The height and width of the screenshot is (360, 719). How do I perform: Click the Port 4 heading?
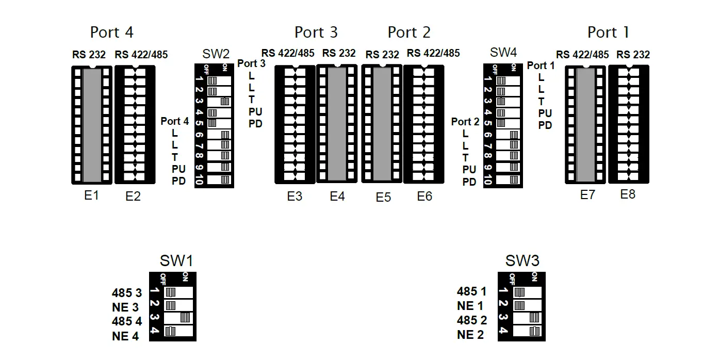pos(111,32)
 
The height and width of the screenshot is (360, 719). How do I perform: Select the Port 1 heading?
pos(608,32)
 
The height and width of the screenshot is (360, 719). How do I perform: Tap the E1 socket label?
pos(91,195)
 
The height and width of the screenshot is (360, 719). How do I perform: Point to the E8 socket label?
pos(628,194)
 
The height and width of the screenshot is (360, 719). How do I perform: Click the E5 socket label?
pos(383,197)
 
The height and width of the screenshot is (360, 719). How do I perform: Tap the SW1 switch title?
pos(177,261)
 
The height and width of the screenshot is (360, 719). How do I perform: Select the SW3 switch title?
pos(522,261)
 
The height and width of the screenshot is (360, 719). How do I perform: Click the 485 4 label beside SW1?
pos(126,321)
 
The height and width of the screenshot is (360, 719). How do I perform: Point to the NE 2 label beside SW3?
pos(470,335)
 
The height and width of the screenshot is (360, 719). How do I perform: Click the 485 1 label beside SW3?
pos(471,292)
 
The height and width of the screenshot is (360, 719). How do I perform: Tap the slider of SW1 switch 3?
pos(185,317)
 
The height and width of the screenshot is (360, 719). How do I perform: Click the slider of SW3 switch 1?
pos(520,292)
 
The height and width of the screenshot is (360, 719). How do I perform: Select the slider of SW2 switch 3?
pos(225,101)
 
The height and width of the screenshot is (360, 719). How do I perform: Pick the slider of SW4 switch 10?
pos(514,179)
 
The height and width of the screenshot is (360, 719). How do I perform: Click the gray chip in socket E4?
pos(336,124)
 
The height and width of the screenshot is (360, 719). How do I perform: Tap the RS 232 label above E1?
pos(89,55)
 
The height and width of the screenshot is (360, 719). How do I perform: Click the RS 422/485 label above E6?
pos(433,53)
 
